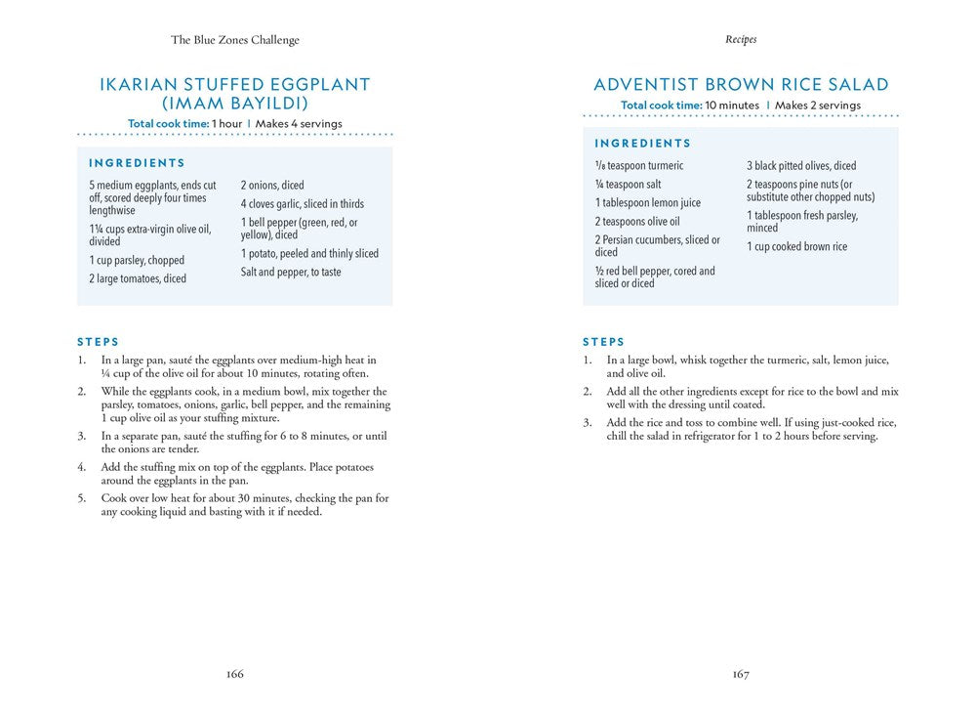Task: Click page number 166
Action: coord(234,674)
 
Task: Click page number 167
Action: coord(741,674)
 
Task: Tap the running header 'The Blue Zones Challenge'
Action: coord(235,40)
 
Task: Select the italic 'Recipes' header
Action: coord(741,40)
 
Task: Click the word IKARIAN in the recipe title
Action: coord(145,85)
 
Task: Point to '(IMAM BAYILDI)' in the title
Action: coord(235,104)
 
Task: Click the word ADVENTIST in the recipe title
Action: coord(651,85)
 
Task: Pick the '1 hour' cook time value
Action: coord(227,124)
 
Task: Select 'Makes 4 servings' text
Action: coord(299,124)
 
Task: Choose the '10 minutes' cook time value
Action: coord(732,106)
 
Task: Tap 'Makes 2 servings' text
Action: coord(818,106)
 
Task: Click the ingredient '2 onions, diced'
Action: coord(272,186)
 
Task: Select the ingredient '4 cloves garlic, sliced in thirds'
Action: coord(303,204)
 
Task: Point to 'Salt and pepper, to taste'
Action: coord(291,273)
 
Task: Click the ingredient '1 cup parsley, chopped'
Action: coord(137,261)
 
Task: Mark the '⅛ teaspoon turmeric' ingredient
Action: coord(639,166)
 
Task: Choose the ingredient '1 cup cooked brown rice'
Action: coord(797,247)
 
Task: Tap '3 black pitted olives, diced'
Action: coord(801,166)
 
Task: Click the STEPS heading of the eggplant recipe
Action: coord(99,342)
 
